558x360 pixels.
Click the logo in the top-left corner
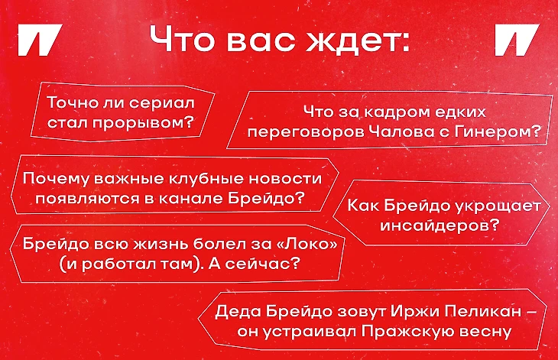(x=40, y=40)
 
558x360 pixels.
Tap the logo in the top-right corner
(x=517, y=40)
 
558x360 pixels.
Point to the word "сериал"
(x=162, y=103)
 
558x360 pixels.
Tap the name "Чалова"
(x=400, y=132)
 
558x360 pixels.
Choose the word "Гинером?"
(x=498, y=131)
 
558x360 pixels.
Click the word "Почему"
(x=57, y=179)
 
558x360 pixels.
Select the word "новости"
(x=285, y=178)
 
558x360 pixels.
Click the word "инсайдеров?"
(x=440, y=225)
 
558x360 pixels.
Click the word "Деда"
(x=238, y=312)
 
